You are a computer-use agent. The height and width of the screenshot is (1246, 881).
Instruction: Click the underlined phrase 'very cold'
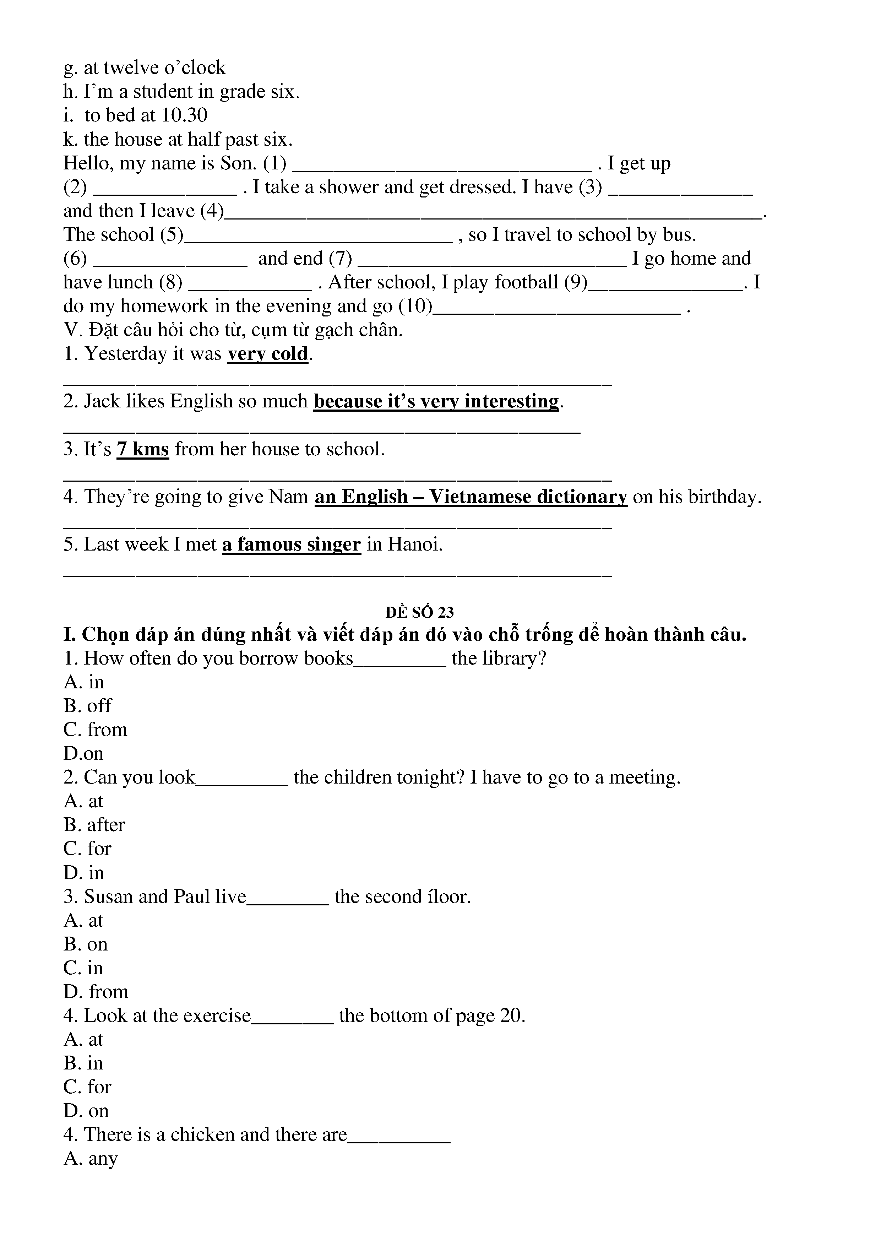pos(267,354)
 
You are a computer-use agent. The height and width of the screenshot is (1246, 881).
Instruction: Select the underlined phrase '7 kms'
pos(143,449)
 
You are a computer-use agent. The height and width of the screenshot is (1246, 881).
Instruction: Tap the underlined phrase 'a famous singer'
pos(291,544)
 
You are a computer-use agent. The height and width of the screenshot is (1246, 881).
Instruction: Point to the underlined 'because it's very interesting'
pos(436,402)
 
